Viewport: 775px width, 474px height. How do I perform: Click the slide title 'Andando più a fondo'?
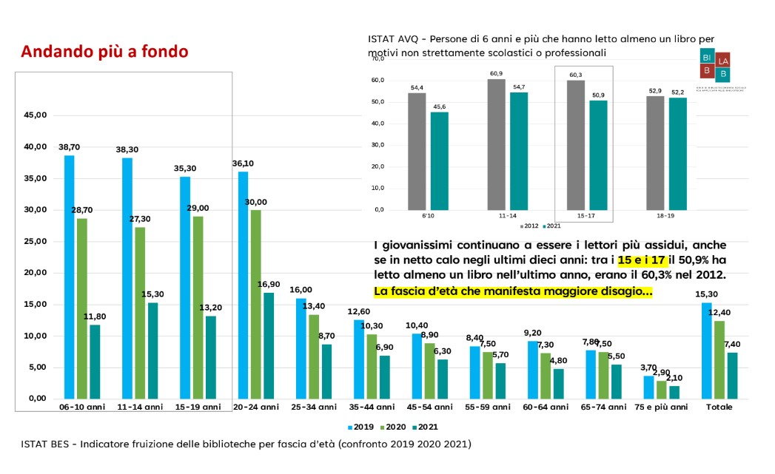pos(104,52)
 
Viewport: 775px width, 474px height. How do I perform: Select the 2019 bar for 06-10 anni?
pos(69,277)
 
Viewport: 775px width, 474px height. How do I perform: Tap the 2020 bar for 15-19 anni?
pos(196,307)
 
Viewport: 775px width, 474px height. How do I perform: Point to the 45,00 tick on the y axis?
pos(36,115)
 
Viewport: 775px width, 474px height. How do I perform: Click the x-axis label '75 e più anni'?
pos(657,407)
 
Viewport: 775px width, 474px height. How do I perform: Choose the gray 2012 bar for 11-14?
pos(496,143)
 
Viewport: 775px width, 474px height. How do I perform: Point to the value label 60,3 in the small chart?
pos(574,75)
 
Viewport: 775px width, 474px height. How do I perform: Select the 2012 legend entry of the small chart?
pos(529,226)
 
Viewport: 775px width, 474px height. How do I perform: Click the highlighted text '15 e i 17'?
pos(643,262)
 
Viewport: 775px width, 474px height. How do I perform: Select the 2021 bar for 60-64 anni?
pos(559,383)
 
